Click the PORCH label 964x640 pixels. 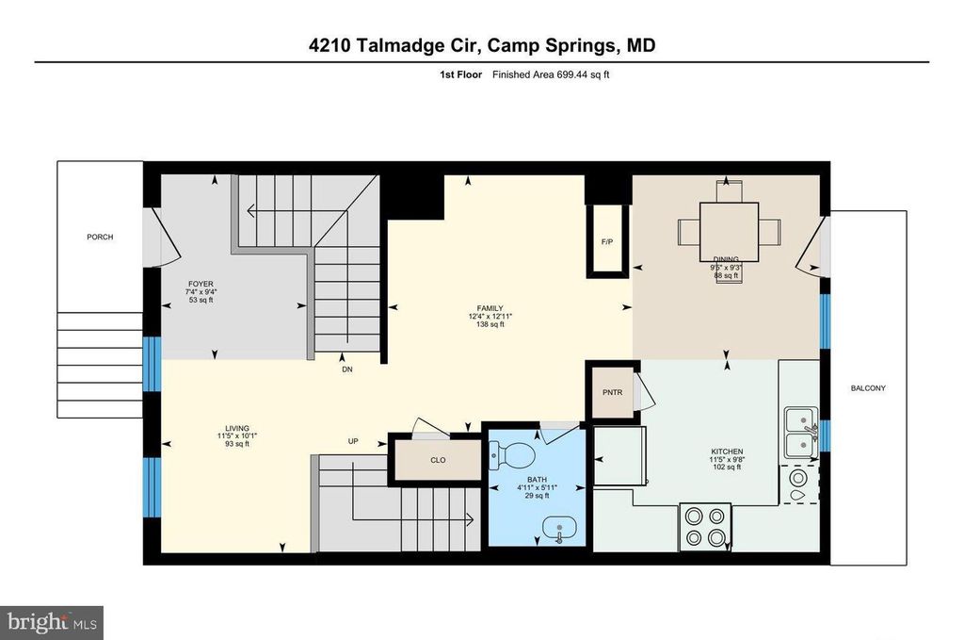[99, 237]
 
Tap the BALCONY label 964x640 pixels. [868, 388]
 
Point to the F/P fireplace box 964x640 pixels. [607, 241]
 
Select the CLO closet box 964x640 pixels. [437, 461]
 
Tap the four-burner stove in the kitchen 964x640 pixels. [705, 527]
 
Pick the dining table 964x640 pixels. [729, 232]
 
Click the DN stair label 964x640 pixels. [347, 369]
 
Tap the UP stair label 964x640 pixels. [353, 440]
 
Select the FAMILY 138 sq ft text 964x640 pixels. [490, 316]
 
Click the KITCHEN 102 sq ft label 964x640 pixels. [726, 458]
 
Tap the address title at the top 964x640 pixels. [481, 44]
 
